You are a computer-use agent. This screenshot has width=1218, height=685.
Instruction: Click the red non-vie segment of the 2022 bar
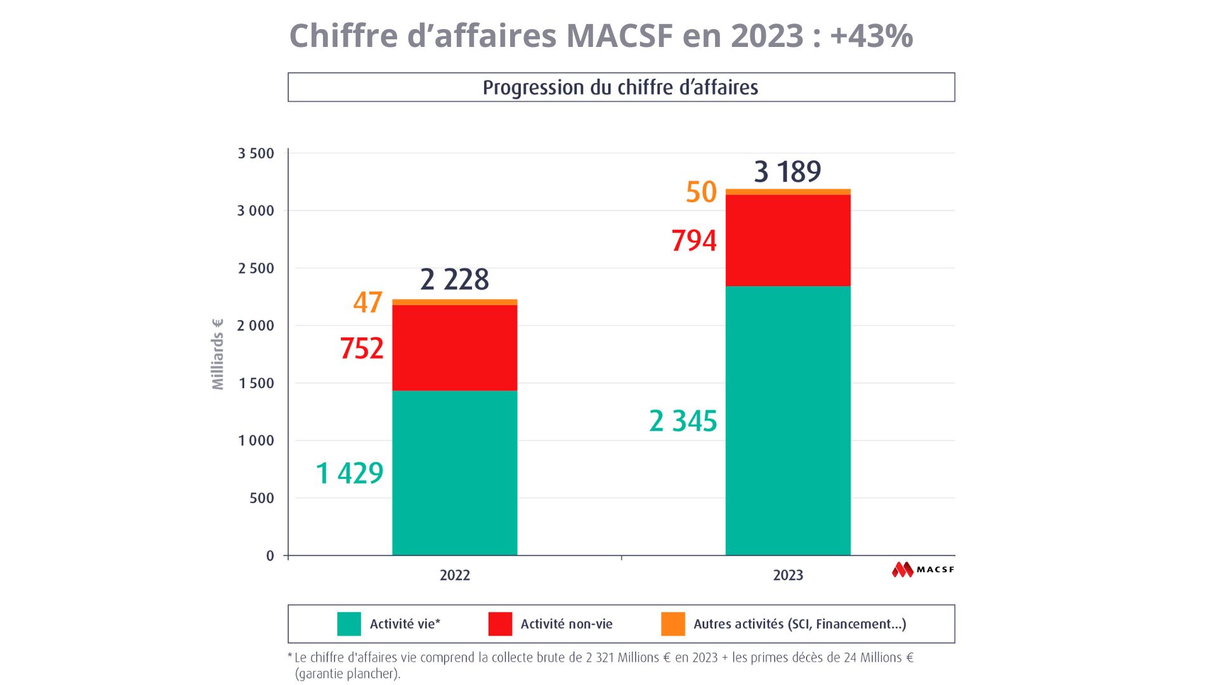[454, 348]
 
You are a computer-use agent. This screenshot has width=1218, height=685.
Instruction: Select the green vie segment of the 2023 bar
[787, 421]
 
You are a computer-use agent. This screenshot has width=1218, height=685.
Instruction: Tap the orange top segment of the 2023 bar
[787, 192]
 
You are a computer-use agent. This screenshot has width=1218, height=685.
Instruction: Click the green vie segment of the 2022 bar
[454, 473]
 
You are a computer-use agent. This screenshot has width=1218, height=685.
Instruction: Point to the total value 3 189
[787, 171]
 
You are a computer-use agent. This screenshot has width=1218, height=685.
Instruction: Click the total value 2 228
[454, 280]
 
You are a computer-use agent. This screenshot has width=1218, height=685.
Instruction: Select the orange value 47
[368, 302]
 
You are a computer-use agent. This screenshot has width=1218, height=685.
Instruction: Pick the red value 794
[694, 241]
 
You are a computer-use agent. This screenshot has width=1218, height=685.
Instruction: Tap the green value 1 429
[350, 473]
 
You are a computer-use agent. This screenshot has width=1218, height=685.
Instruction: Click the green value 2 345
[683, 421]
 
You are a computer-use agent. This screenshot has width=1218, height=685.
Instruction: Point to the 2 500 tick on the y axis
[256, 268]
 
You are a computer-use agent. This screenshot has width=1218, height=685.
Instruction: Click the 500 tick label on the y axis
[261, 498]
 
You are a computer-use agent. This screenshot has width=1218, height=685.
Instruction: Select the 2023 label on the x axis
[788, 575]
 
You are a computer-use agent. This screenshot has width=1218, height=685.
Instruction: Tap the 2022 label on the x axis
[455, 575]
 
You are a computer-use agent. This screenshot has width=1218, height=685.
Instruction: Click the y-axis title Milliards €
[218, 354]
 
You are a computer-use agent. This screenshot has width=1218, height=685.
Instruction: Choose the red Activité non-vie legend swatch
[500, 624]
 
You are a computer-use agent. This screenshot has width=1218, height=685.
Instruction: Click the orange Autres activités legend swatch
[673, 624]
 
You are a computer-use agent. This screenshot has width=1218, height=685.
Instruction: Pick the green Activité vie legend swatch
[349, 624]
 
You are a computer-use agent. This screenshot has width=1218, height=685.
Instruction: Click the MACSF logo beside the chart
[923, 570]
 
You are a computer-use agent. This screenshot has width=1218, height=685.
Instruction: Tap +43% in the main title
[871, 36]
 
